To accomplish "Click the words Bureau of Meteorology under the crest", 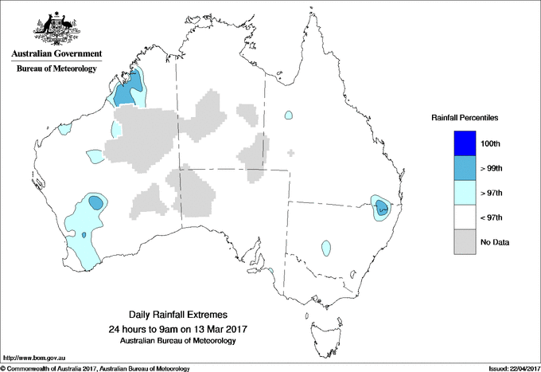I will [x=56, y=69].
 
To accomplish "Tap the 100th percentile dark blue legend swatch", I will [x=465, y=143].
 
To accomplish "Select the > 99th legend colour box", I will [x=465, y=168].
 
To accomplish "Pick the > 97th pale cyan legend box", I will [x=465, y=193].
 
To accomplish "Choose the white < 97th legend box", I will [x=465, y=217].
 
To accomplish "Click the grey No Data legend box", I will [x=465, y=242].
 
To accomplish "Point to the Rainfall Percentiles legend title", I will [x=465, y=118].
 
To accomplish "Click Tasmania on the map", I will [x=316, y=326].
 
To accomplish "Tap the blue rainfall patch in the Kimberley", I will [x=130, y=90].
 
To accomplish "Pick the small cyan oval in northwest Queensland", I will [x=288, y=115].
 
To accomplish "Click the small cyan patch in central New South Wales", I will [x=326, y=248].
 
